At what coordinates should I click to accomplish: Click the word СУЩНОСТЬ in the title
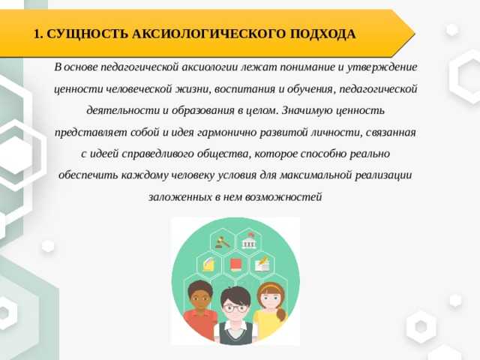point(87,34)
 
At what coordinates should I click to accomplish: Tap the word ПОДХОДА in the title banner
point(322,34)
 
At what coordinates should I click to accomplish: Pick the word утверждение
point(382,67)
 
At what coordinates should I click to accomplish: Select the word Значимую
point(307,110)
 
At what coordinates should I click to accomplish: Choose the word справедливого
point(157,154)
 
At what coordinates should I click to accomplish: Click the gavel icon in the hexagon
point(222,241)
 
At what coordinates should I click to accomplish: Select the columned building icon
point(250,241)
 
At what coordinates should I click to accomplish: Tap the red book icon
point(235,265)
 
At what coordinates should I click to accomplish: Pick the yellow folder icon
point(208,265)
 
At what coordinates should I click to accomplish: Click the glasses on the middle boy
point(235,308)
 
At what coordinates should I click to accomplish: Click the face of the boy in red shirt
point(199,299)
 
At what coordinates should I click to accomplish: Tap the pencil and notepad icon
point(262,264)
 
